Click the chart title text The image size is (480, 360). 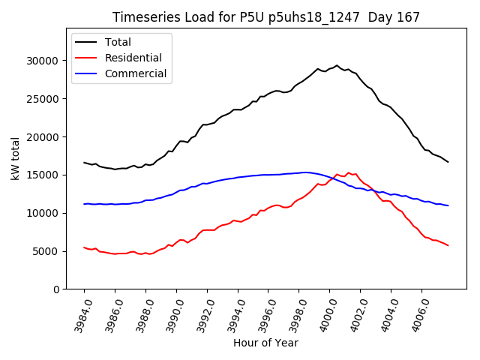[266, 17]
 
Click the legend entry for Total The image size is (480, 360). [118, 42]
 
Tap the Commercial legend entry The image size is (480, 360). [135, 73]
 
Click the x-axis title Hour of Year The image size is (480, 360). [265, 343]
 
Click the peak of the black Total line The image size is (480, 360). [337, 65]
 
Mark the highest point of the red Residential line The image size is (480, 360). [348, 172]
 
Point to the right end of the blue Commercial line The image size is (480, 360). [448, 205]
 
